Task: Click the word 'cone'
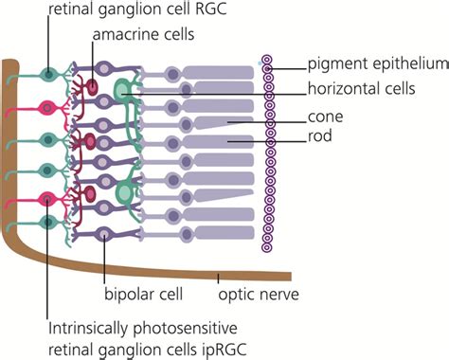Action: click(x=326, y=118)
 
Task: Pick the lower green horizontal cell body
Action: click(x=124, y=193)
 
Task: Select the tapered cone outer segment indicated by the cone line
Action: click(x=218, y=121)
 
